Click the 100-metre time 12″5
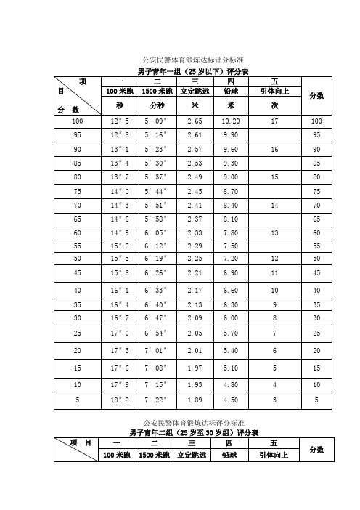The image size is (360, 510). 118,121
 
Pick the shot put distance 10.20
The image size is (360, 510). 232,121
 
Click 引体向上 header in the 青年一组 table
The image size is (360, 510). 274,92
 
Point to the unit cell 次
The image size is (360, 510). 274,105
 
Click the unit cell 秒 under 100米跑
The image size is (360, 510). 118,105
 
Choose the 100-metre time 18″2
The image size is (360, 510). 118,399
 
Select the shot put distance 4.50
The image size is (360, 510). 232,399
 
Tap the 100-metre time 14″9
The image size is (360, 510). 118,232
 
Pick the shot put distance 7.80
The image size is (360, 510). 232,232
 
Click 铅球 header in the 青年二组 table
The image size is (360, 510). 232,456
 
